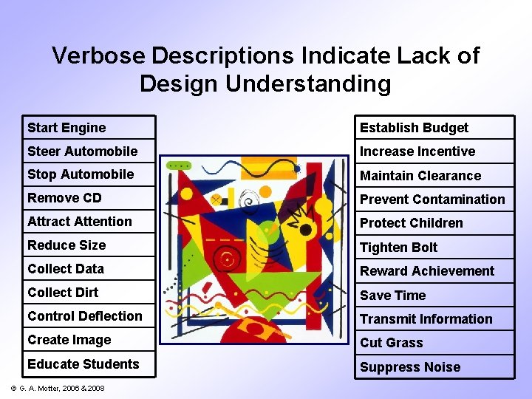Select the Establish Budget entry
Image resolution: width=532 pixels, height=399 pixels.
[434, 128]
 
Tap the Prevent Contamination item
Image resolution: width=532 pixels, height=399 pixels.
[434, 199]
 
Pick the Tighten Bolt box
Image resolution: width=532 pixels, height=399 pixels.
[434, 248]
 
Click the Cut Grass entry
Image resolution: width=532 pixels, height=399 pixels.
[434, 343]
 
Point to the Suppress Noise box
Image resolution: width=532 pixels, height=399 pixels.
[434, 367]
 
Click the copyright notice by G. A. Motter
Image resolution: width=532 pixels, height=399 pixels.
[57, 387]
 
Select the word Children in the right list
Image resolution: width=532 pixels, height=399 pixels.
[437, 223]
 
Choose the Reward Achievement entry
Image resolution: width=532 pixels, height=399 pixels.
[434, 271]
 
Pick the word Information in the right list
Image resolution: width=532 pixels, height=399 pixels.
[456, 319]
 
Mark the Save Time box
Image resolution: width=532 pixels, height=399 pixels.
[434, 296]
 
